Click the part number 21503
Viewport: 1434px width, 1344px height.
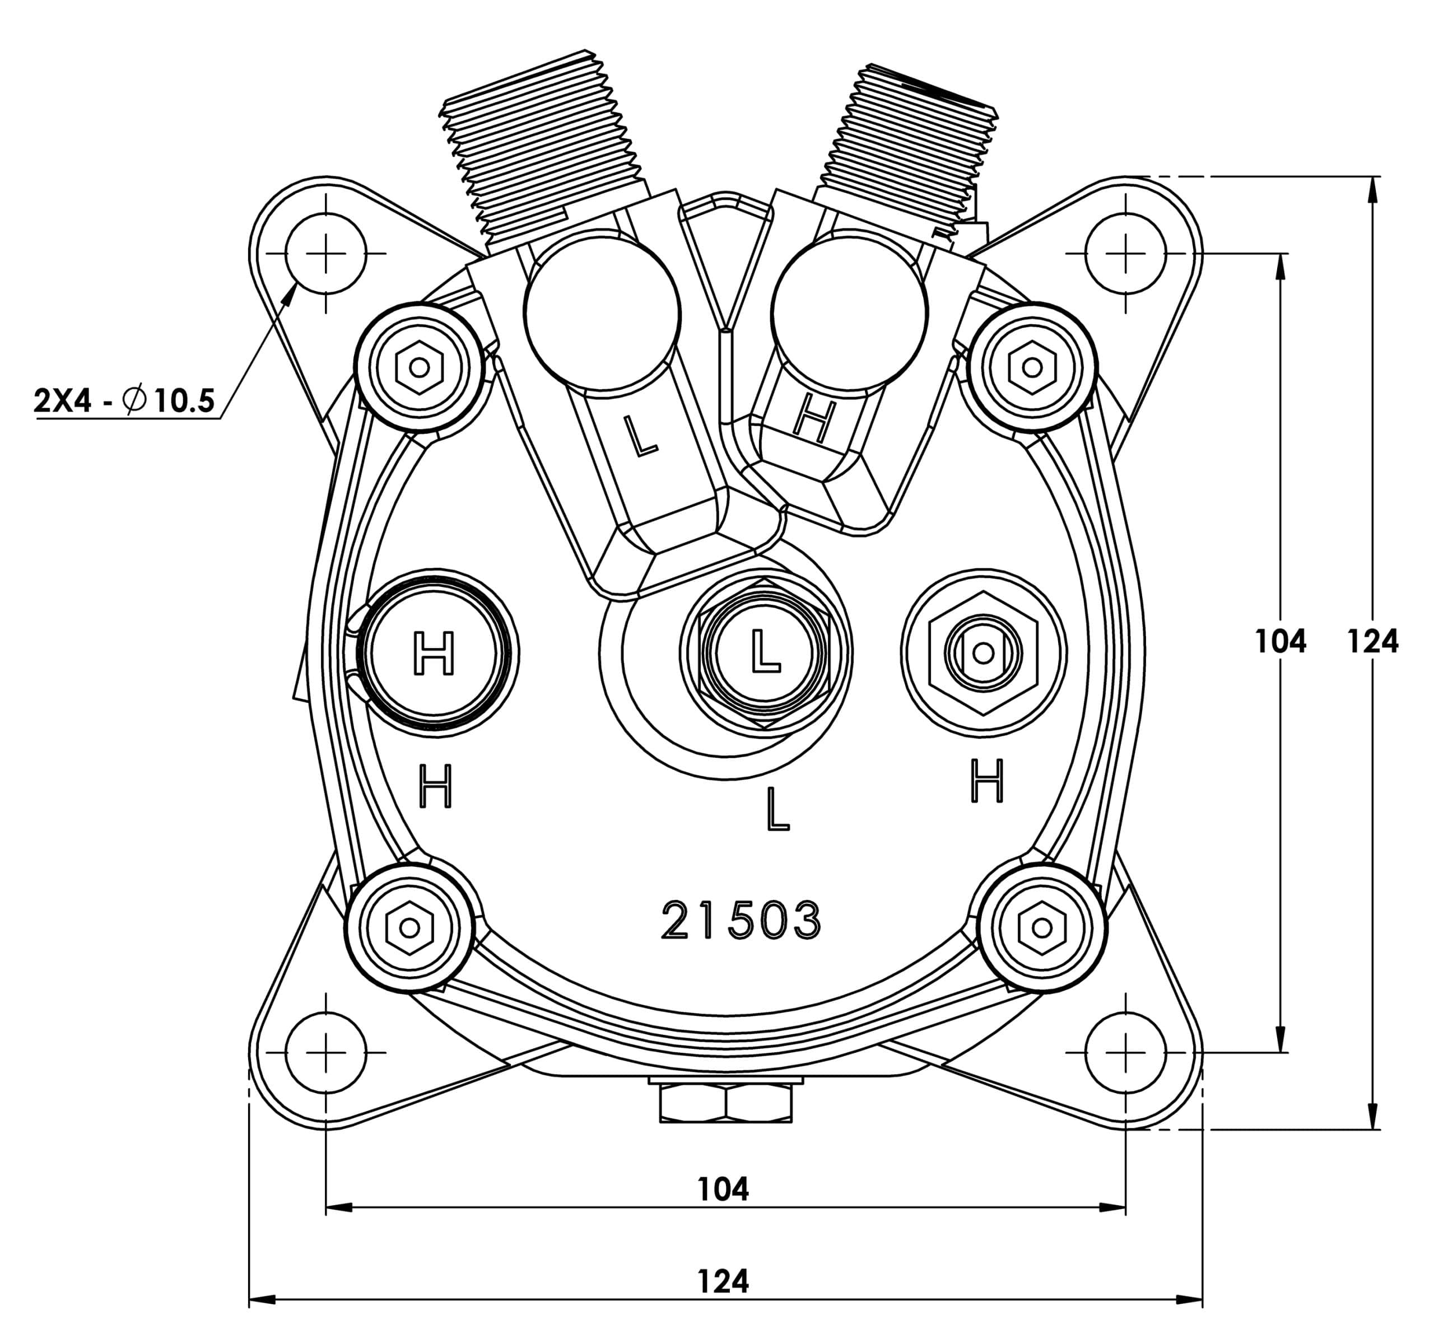[x=741, y=920]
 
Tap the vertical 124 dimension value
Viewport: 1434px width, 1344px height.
[x=1372, y=641]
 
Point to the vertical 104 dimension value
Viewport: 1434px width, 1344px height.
[x=1281, y=641]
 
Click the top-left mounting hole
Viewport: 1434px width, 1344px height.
[x=326, y=254]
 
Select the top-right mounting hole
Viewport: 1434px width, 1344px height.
[x=1125, y=254]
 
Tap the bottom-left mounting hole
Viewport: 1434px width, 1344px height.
[x=326, y=1053]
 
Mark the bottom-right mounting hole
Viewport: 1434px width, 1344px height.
[x=1125, y=1053]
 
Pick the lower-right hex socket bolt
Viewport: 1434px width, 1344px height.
[x=1041, y=927]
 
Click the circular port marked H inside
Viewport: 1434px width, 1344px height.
[x=434, y=654]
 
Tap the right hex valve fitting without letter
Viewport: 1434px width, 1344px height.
[x=983, y=654]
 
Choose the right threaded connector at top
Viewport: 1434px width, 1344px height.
[x=910, y=151]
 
